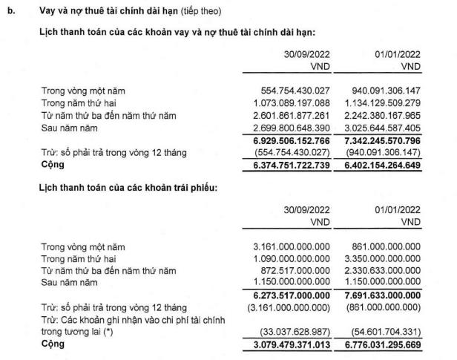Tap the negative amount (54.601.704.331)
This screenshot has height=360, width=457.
tap(385, 333)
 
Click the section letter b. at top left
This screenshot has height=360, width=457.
tap(10, 13)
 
